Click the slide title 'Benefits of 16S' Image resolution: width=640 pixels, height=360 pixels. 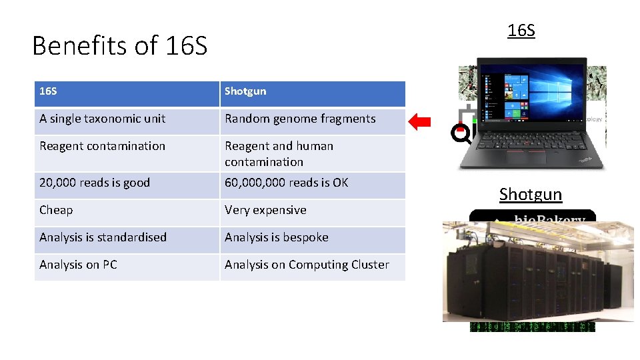pos(120,46)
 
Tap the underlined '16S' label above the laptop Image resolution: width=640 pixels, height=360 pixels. pos(521,31)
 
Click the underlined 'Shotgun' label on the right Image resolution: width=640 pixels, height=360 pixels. pos(531,194)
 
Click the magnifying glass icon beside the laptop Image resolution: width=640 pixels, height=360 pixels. pos(460,135)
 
